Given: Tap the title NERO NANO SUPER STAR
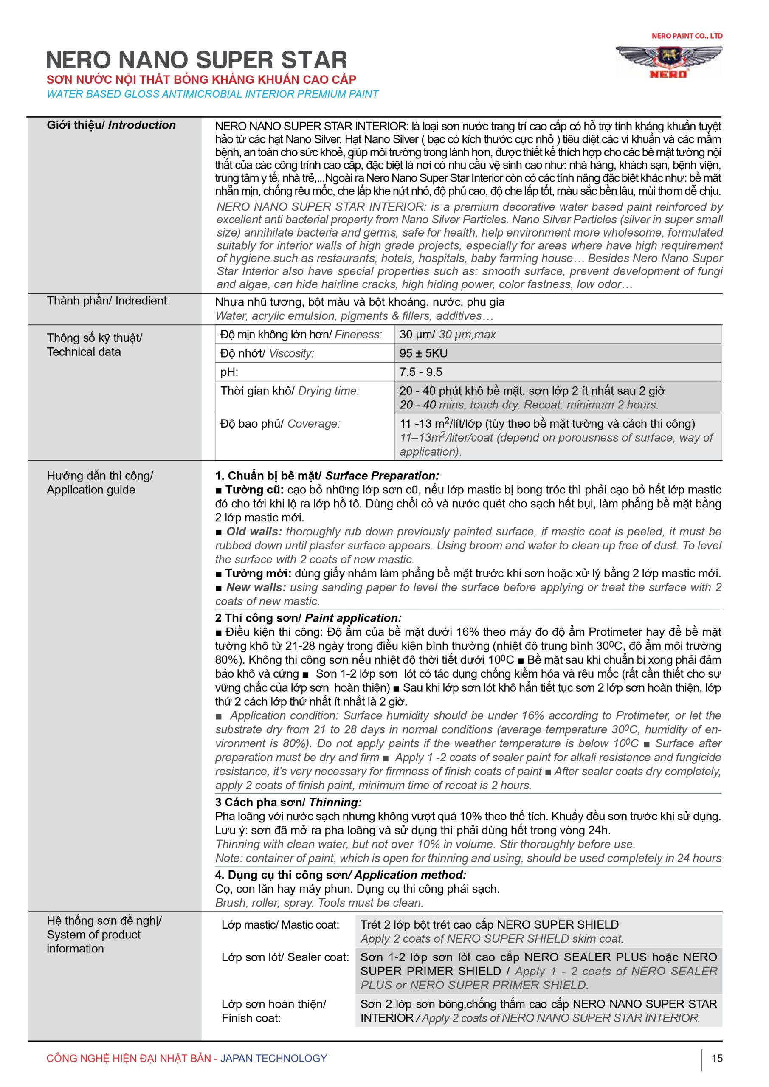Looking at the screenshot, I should (x=197, y=60).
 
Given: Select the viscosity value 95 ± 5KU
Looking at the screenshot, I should (x=423, y=353).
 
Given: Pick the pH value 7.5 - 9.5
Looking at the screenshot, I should (x=420, y=372).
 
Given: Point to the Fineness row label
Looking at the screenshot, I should (x=301, y=335).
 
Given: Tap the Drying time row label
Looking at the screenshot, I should (x=290, y=391).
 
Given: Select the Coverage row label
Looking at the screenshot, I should (x=280, y=424).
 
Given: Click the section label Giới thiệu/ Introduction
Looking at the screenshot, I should (x=111, y=125).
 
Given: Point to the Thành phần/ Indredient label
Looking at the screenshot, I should (x=107, y=301).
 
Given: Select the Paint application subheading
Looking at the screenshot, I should (x=308, y=618).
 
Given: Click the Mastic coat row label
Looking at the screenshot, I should (x=280, y=925).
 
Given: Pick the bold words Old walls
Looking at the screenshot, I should (x=254, y=532).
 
